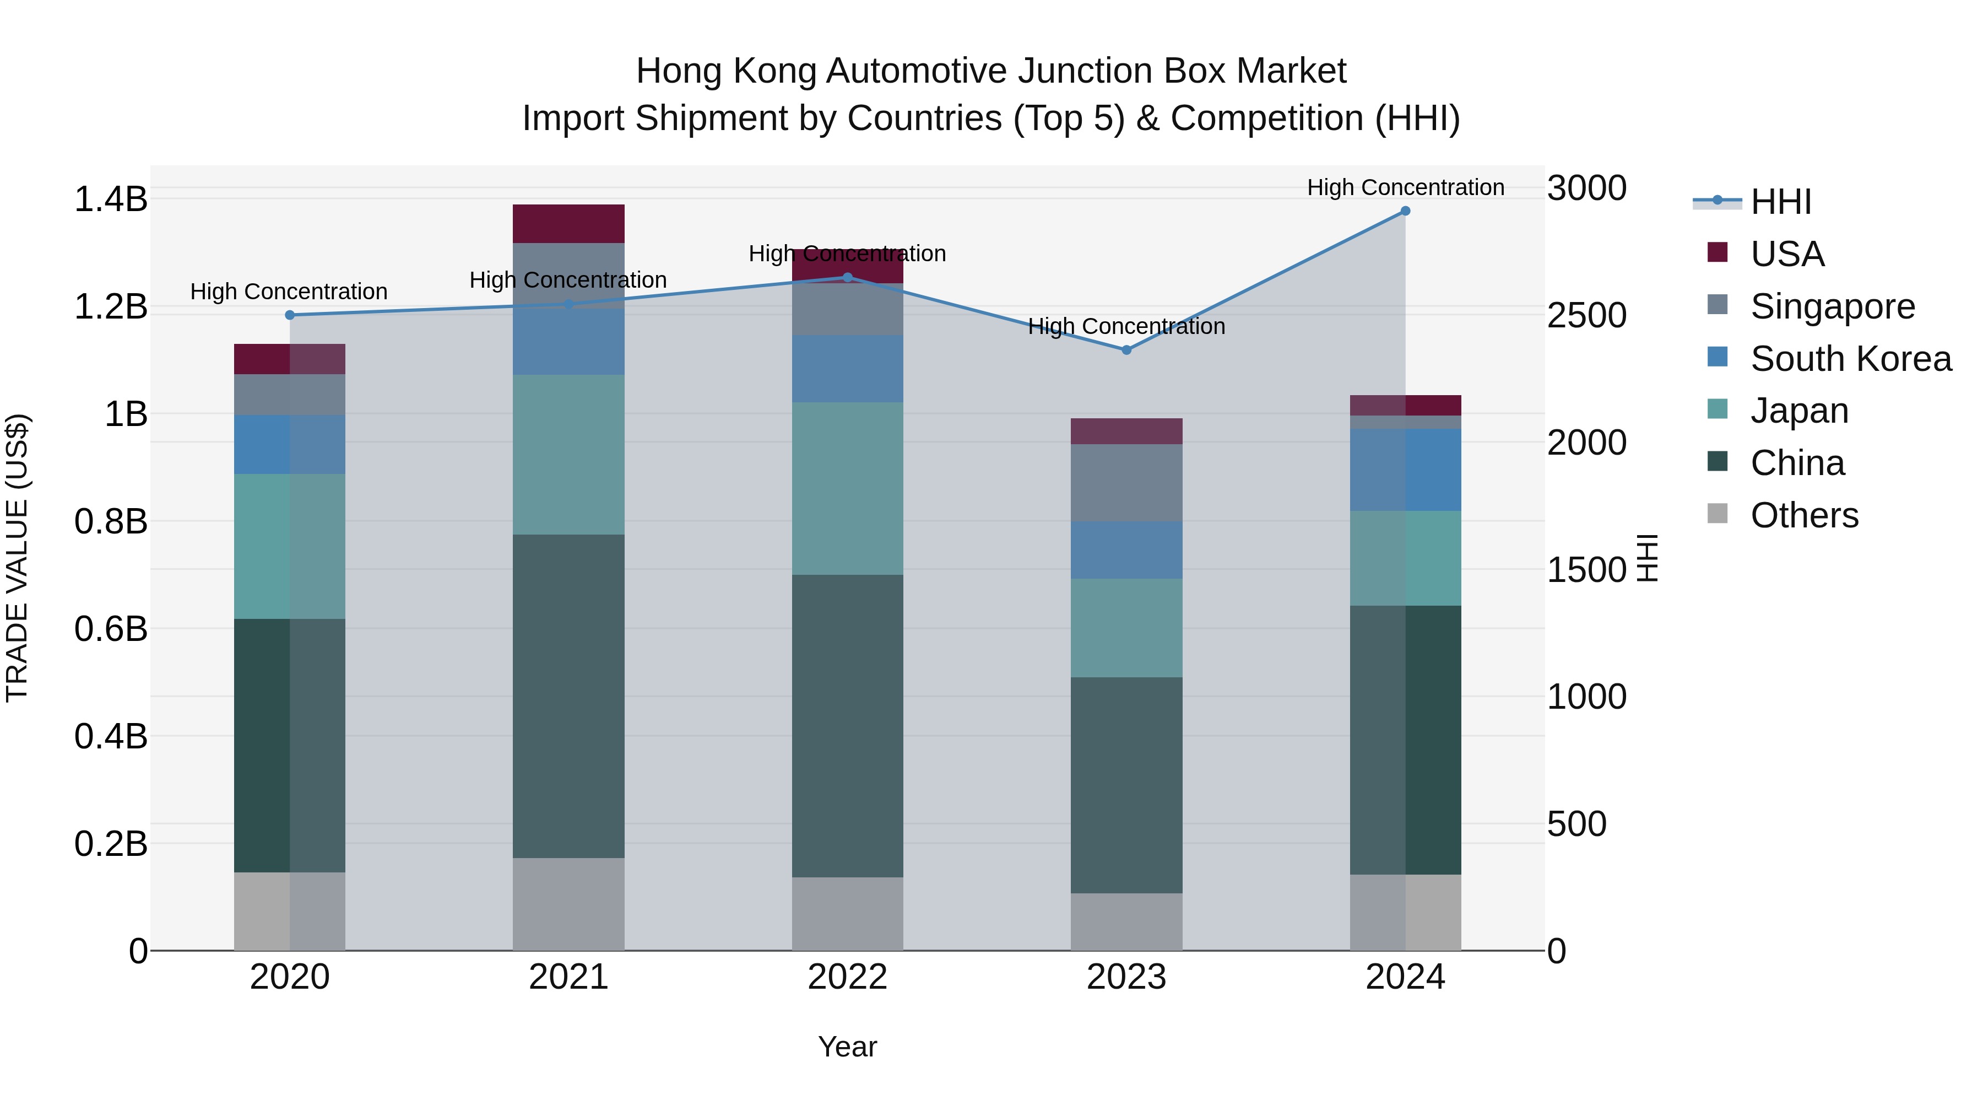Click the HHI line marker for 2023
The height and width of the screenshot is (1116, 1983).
pyautogui.click(x=1126, y=349)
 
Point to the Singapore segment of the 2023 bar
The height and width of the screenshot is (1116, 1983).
pyautogui.click(x=1126, y=482)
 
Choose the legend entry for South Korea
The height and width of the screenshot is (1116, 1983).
pyautogui.click(x=1851, y=359)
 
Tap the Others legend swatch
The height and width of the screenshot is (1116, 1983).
pyautogui.click(x=1717, y=514)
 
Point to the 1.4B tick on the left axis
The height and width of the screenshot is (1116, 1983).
pyautogui.click(x=111, y=200)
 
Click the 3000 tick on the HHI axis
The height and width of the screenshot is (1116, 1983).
pyautogui.click(x=1586, y=188)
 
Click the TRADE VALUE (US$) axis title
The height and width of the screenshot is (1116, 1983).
pyautogui.click(x=17, y=558)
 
